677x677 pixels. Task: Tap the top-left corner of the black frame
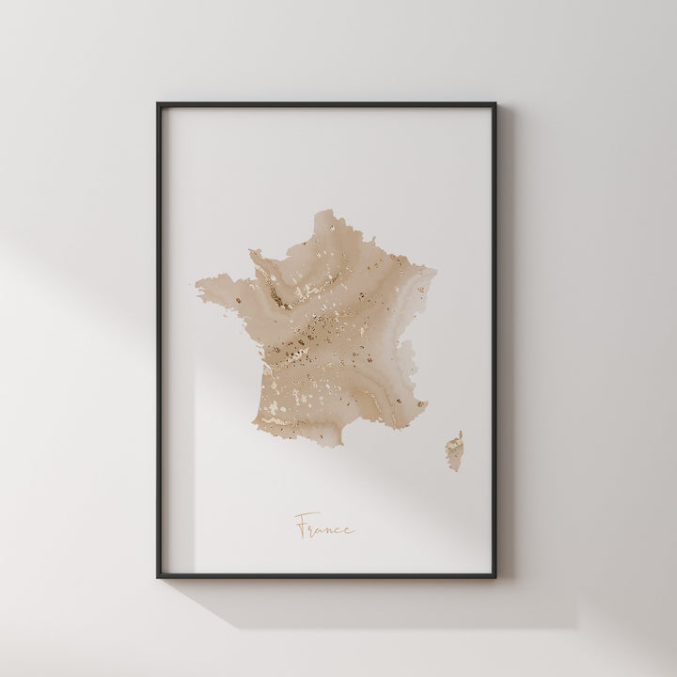point(157,103)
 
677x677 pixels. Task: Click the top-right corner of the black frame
point(522,103)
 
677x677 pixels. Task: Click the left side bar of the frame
point(158,338)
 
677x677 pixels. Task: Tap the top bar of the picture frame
point(338,104)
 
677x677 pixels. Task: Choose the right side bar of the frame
point(521,338)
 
